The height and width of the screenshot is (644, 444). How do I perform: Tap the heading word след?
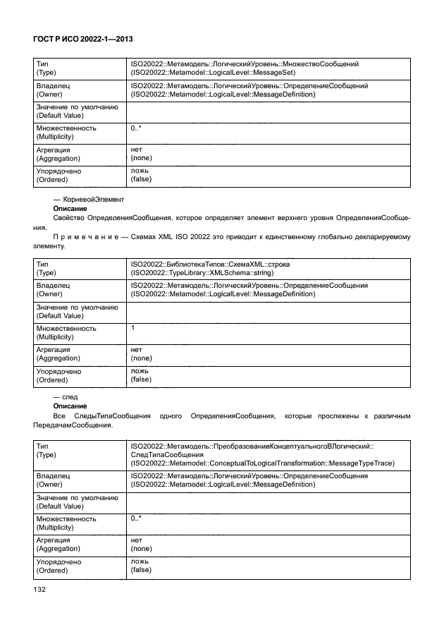(70, 398)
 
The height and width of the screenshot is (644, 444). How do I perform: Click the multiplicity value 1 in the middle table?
(133, 328)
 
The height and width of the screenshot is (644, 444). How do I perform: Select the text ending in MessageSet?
(213, 73)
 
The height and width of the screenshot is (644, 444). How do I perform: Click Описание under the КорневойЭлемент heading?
(70, 209)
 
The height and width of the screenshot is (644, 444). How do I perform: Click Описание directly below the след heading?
(70, 407)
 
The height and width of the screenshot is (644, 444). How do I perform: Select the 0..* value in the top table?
(136, 128)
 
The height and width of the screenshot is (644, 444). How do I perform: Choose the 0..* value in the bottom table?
(136, 518)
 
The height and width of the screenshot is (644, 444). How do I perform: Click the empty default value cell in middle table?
(268, 311)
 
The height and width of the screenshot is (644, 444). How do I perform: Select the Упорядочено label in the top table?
(58, 171)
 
